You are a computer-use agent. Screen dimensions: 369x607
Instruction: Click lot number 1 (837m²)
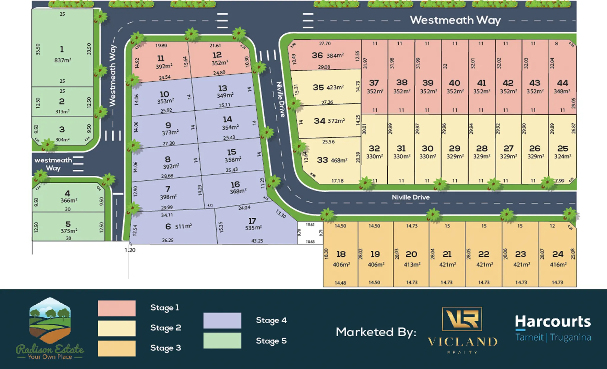(62, 49)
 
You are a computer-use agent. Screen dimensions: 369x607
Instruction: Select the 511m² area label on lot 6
(183, 227)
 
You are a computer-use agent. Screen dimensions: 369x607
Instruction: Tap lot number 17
(252, 221)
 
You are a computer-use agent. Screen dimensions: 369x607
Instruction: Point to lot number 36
(317, 55)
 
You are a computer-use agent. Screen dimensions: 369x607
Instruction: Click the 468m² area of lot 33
(339, 160)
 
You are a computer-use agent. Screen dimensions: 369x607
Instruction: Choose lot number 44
(562, 83)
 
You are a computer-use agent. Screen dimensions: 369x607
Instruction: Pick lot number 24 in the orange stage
(558, 254)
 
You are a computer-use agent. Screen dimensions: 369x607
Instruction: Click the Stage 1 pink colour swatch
(117, 308)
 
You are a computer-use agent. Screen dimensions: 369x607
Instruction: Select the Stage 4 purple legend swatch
(222, 320)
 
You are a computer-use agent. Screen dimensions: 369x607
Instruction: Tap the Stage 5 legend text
(271, 341)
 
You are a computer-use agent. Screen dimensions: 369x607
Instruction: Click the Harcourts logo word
(553, 322)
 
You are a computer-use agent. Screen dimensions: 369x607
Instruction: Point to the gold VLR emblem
(462, 319)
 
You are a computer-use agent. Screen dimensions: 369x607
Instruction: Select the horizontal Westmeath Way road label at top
(455, 20)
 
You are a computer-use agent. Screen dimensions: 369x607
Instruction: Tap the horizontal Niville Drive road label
(410, 197)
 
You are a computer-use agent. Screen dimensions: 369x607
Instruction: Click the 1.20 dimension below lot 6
(130, 250)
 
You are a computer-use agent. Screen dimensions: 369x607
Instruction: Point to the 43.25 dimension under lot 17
(257, 241)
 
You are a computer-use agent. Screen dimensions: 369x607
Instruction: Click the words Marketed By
(376, 332)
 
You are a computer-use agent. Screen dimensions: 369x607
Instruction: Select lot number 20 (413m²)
(411, 254)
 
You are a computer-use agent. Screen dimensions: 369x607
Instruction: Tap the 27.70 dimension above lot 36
(325, 44)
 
